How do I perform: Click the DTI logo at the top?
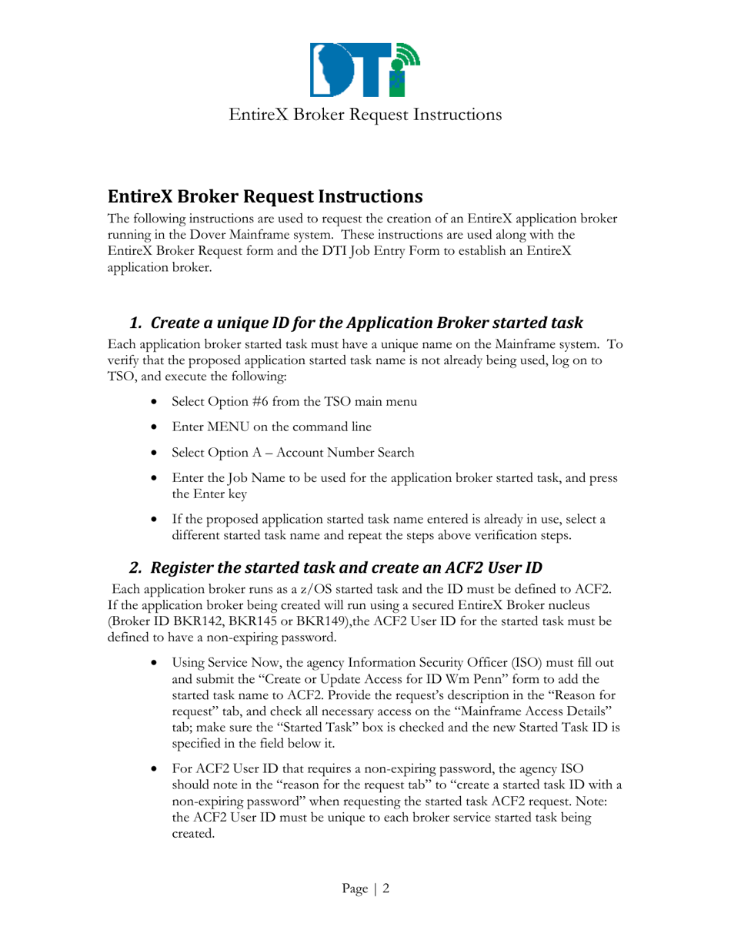pyautogui.click(x=365, y=69)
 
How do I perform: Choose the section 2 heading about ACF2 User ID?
pyautogui.click(x=335, y=568)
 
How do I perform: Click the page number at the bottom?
pyautogui.click(x=365, y=888)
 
